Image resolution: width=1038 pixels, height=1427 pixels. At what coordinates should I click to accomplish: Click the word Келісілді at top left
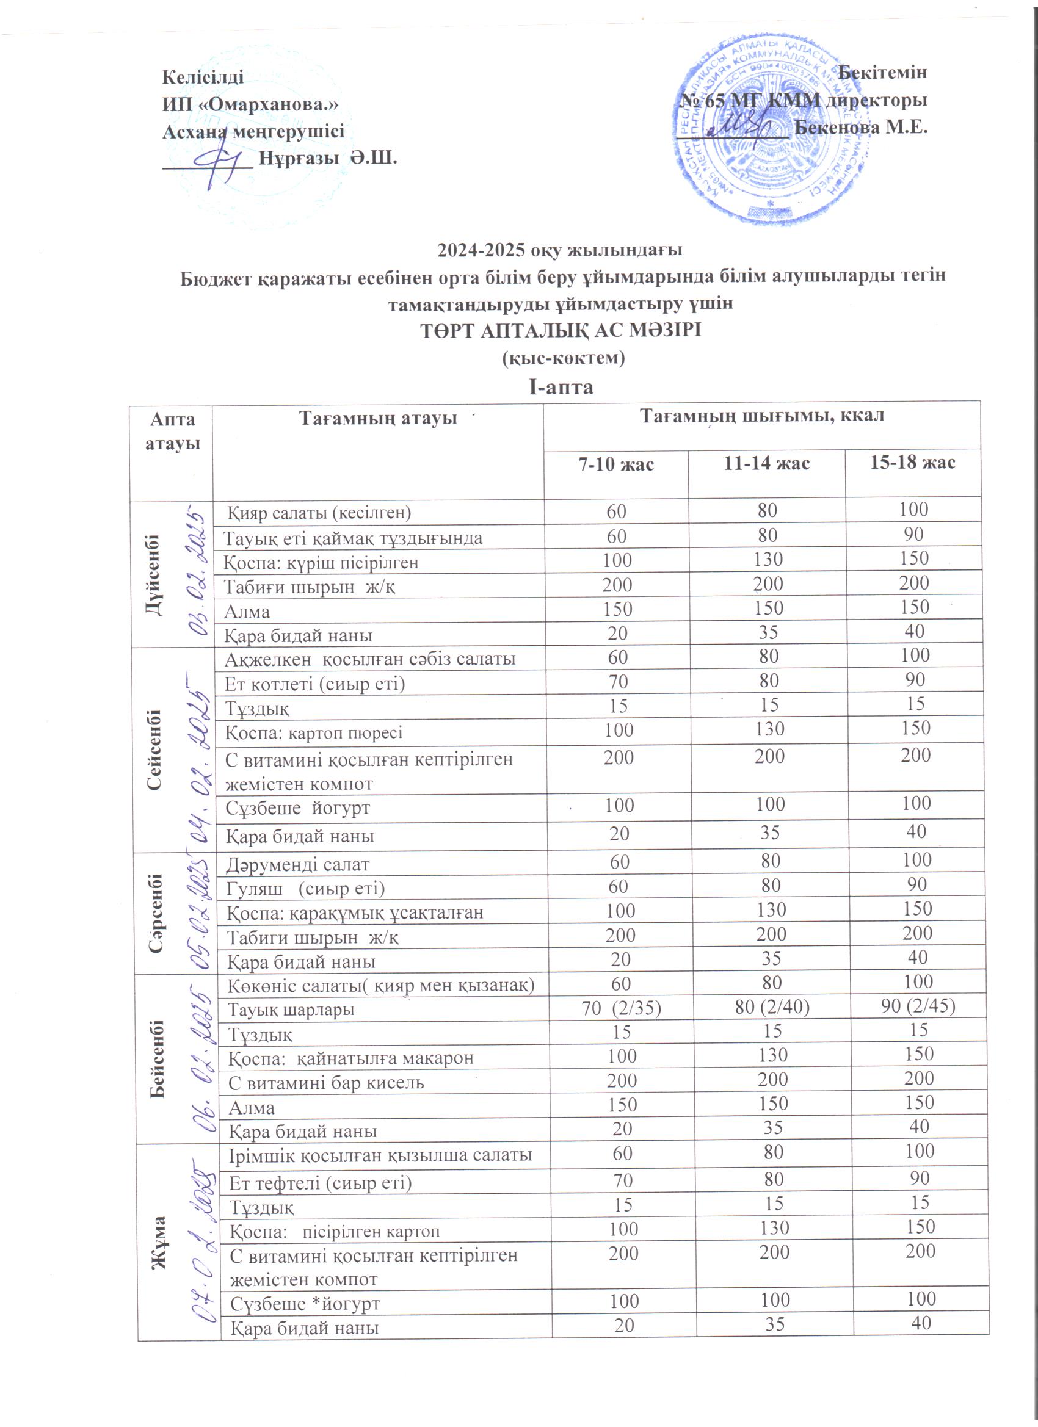(x=203, y=77)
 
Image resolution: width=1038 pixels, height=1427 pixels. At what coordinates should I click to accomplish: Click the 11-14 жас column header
(x=766, y=464)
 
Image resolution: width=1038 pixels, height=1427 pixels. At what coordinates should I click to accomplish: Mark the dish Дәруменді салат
(x=298, y=864)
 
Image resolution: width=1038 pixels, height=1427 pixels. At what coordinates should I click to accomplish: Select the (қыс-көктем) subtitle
(x=562, y=358)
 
